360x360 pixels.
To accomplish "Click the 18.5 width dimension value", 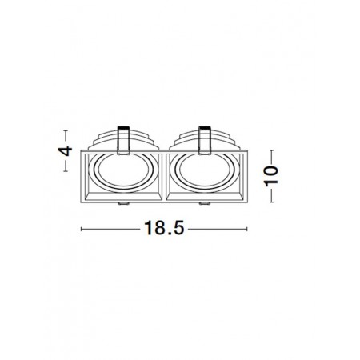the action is coord(164,228).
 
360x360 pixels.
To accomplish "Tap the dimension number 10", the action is coord(271,175).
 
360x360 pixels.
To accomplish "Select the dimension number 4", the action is coord(66,151).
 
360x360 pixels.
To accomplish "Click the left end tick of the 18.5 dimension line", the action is coord(81,229).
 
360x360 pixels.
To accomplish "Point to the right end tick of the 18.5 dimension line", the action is coord(247,229).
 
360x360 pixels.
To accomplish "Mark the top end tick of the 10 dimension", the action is coord(272,150).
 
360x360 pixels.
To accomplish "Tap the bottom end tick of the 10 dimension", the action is coord(272,202).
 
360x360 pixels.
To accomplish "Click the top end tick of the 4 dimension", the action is coord(66,131).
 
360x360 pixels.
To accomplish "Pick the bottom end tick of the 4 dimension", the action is coord(66,171).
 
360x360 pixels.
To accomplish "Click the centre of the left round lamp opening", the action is coord(123,171).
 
